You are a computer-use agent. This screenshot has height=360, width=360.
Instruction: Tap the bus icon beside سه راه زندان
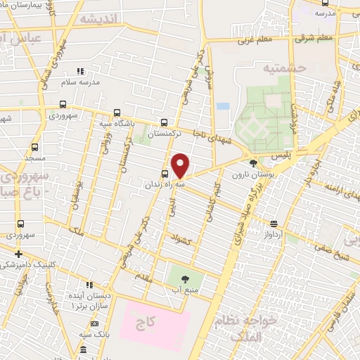tap(165, 174)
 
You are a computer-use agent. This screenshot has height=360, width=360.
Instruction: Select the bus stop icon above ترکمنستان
tap(164, 122)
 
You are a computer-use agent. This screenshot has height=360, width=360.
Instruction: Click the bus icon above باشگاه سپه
tap(117, 112)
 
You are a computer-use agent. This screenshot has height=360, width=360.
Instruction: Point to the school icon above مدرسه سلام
tap(80, 71)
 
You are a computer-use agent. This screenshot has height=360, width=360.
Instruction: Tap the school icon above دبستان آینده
tap(89, 285)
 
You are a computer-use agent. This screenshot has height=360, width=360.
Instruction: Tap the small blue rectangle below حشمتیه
tap(223, 106)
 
